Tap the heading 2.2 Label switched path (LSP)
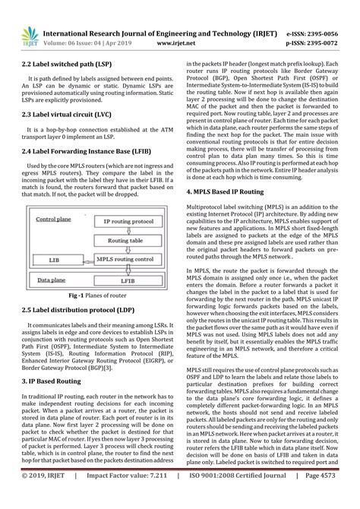pyautogui.click(x=63, y=66)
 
